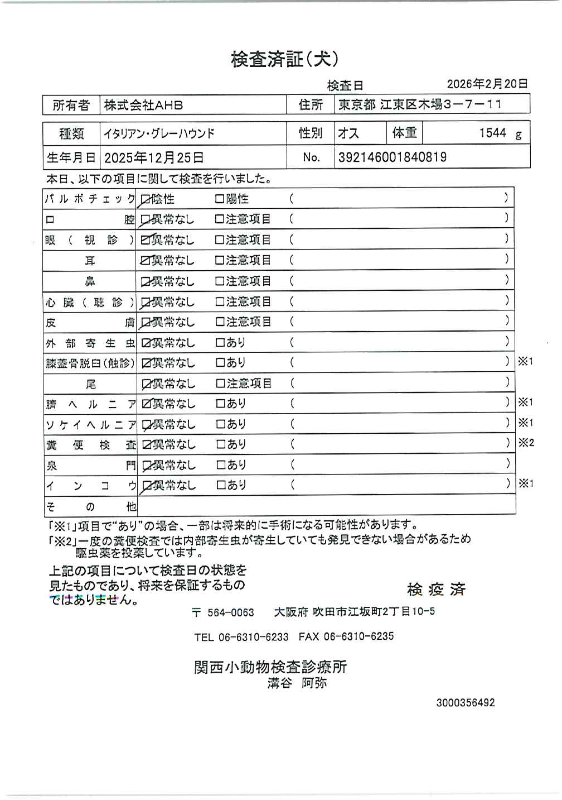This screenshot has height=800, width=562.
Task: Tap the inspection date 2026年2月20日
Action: tap(487, 84)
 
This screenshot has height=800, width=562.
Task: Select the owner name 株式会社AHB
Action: tap(143, 105)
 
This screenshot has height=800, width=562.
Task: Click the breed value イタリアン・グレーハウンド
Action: tap(159, 134)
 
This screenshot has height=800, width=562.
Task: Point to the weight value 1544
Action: tap(492, 133)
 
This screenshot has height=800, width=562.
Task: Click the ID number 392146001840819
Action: tap(392, 157)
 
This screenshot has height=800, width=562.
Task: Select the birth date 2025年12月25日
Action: tap(153, 158)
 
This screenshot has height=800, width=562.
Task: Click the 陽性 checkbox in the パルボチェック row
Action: tap(220, 199)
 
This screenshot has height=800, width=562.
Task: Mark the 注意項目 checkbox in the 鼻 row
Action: tap(220, 281)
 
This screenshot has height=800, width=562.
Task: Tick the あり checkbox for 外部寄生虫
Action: tap(220, 342)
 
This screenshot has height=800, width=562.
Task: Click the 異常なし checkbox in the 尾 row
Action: tap(146, 384)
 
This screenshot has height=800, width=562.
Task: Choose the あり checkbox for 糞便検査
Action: tap(220, 444)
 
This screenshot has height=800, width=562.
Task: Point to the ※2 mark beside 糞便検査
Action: tap(526, 443)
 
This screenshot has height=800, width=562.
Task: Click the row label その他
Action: tap(90, 507)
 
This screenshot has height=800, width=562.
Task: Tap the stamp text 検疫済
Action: tap(436, 590)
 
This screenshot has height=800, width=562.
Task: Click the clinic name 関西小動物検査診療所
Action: tap(270, 667)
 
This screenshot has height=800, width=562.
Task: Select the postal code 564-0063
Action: tap(231, 612)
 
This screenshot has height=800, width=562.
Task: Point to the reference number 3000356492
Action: tap(465, 703)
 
